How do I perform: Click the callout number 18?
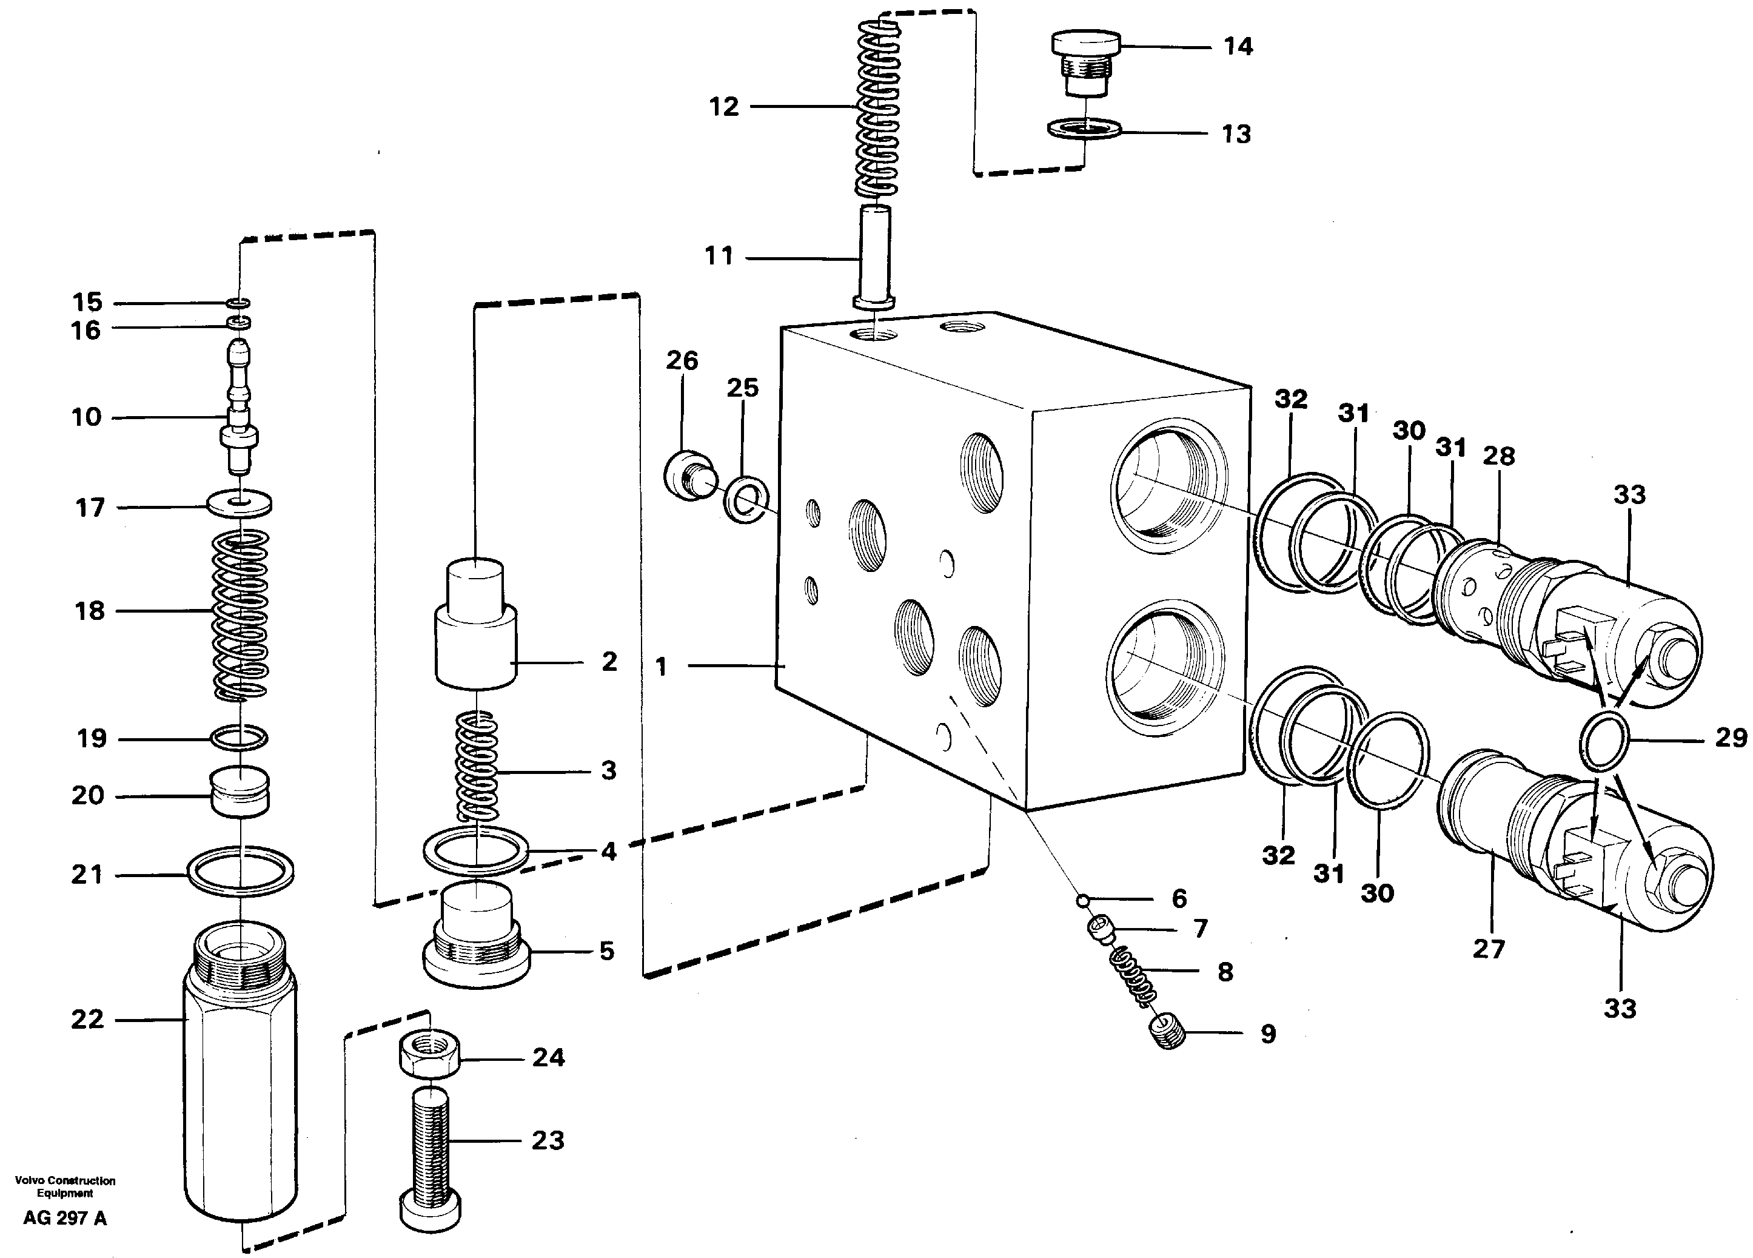tap(89, 611)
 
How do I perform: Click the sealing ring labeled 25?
tap(746, 499)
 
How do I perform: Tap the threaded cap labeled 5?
tap(476, 939)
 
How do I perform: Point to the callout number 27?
tap(1488, 948)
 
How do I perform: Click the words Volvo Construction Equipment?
tap(65, 1187)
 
